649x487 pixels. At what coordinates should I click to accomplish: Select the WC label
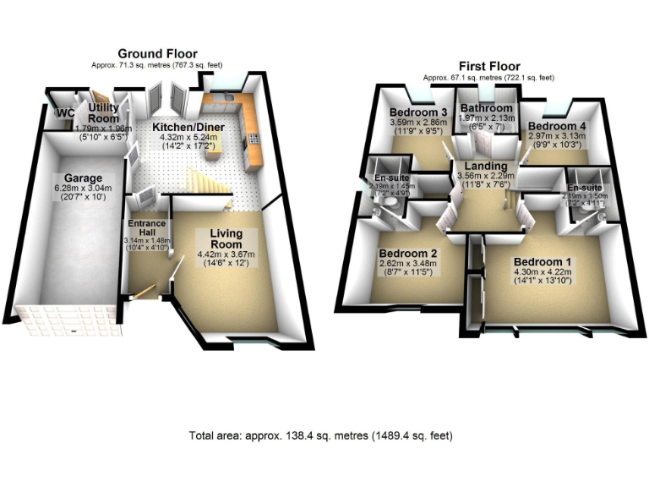64,114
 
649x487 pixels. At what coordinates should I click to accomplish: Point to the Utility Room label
104,113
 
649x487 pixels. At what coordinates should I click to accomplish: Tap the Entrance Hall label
145,229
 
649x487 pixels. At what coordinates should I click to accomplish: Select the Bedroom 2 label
407,254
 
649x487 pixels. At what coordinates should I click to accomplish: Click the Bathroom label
486,109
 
